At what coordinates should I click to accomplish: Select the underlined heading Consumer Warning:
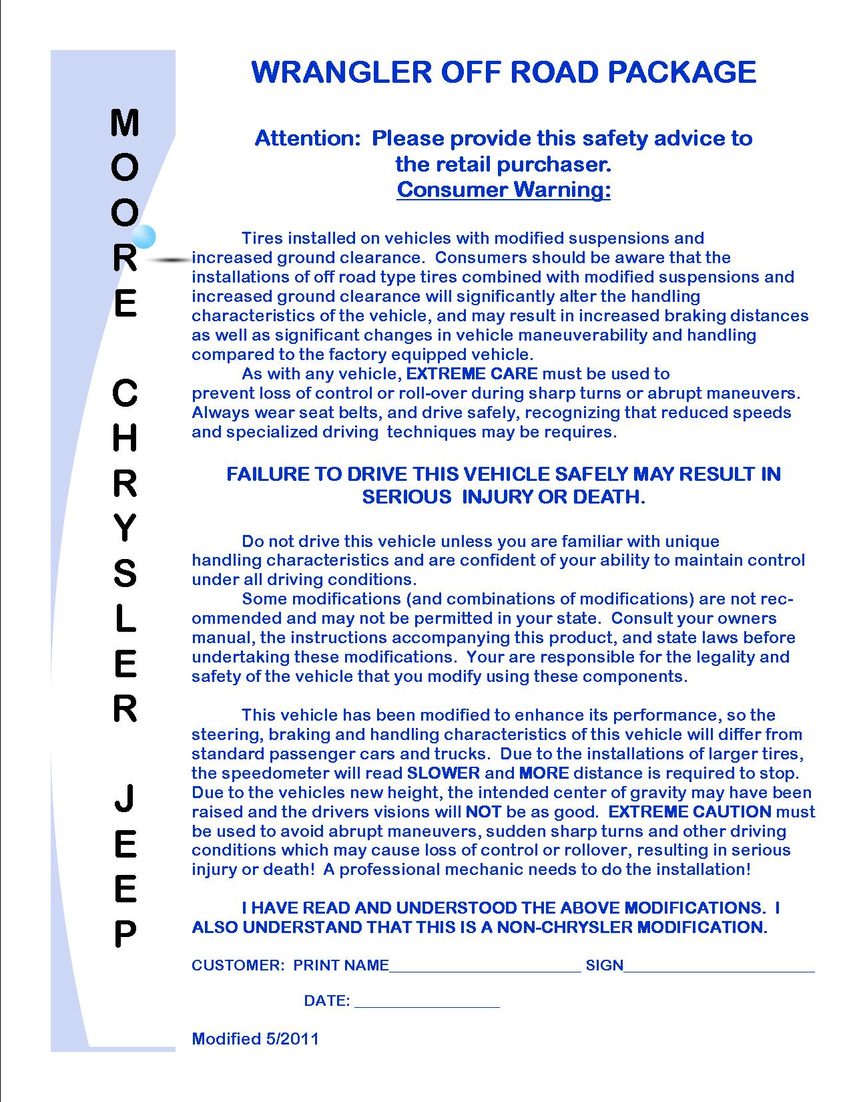click(x=503, y=190)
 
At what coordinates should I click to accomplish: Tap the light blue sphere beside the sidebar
click(x=144, y=236)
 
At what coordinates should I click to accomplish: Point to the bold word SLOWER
click(x=443, y=773)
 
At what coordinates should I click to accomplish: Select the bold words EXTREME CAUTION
click(x=690, y=812)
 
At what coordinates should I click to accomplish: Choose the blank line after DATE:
click(x=427, y=1003)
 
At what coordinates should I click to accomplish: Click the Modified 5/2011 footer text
click(x=255, y=1039)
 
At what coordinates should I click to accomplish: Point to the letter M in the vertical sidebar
click(x=125, y=124)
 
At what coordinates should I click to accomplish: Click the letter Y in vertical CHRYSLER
click(x=125, y=529)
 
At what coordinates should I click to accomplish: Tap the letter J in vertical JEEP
click(x=125, y=799)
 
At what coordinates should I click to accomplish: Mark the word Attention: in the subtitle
click(x=308, y=138)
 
